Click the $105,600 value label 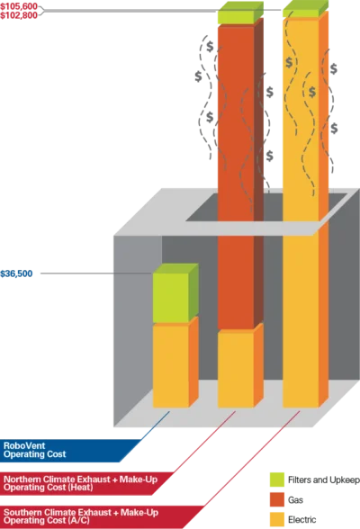pos(19,7)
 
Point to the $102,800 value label pos(19,15)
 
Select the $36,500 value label pos(16,273)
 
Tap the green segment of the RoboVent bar pos(171,298)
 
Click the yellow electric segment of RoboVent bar pos(171,366)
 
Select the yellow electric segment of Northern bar pos(236,370)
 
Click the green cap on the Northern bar pos(236,16)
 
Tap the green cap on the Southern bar pos(301,13)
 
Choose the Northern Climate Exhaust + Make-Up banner pos(85,483)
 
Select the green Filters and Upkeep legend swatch pos(277,480)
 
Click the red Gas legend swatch pos(277,499)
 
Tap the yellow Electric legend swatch pos(277,520)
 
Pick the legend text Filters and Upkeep pos(324,480)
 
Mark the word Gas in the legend pos(295,499)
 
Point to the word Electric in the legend pos(302,520)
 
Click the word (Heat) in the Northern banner pos(82,488)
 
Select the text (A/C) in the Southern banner pos(79,521)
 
